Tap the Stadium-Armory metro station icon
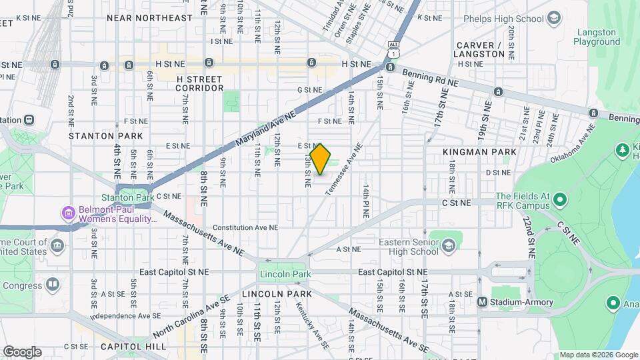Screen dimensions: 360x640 coord(483,302)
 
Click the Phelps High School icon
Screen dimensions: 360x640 coord(553,18)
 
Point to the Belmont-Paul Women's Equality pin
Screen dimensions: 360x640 coord(68,215)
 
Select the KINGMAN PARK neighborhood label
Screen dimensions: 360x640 coord(479,153)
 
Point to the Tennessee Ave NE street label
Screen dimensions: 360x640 coord(344,170)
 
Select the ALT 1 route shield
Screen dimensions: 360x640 coord(394,49)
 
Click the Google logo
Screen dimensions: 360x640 coord(22,352)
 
